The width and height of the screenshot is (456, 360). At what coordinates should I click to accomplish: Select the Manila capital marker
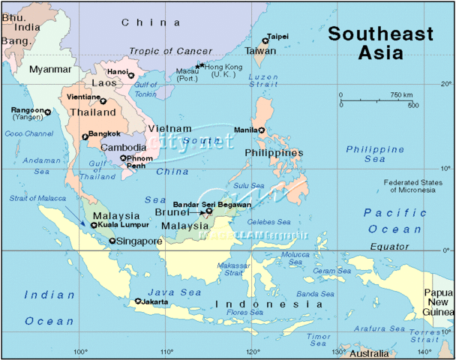coord(262,130)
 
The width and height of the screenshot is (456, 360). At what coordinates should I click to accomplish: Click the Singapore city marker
coord(112,241)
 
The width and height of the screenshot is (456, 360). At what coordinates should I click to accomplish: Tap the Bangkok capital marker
coord(85,136)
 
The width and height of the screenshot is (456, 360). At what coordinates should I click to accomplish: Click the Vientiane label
coord(82,97)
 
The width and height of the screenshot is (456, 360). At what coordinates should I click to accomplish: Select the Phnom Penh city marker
coord(123,157)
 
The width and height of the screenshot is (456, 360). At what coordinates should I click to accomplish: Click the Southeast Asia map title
coord(381,43)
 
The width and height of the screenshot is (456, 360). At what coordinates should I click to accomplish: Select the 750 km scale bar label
coord(401,95)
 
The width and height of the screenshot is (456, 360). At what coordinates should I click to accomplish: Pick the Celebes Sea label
coord(274,222)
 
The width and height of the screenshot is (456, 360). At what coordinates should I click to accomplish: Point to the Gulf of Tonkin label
coord(145,90)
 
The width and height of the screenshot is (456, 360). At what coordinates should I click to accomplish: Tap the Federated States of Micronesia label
coord(409,186)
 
